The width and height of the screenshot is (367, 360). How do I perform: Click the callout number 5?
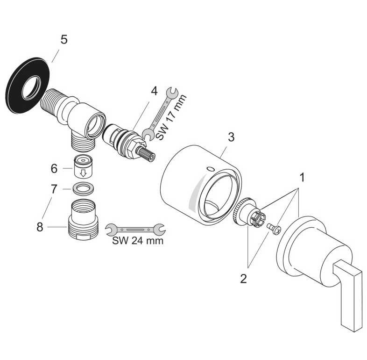click(64, 39)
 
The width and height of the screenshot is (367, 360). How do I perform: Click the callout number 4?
click(153, 90)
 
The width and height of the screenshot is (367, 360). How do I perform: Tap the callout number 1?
click(302, 177)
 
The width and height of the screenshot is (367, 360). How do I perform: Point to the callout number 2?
click(243, 279)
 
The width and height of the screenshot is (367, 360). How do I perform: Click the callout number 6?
click(54, 167)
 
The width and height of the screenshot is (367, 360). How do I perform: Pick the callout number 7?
click(54, 189)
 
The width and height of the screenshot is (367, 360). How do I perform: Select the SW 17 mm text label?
click(171, 118)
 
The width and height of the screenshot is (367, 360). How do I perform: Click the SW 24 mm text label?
click(138, 242)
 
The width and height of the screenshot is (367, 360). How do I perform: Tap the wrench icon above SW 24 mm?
click(135, 229)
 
